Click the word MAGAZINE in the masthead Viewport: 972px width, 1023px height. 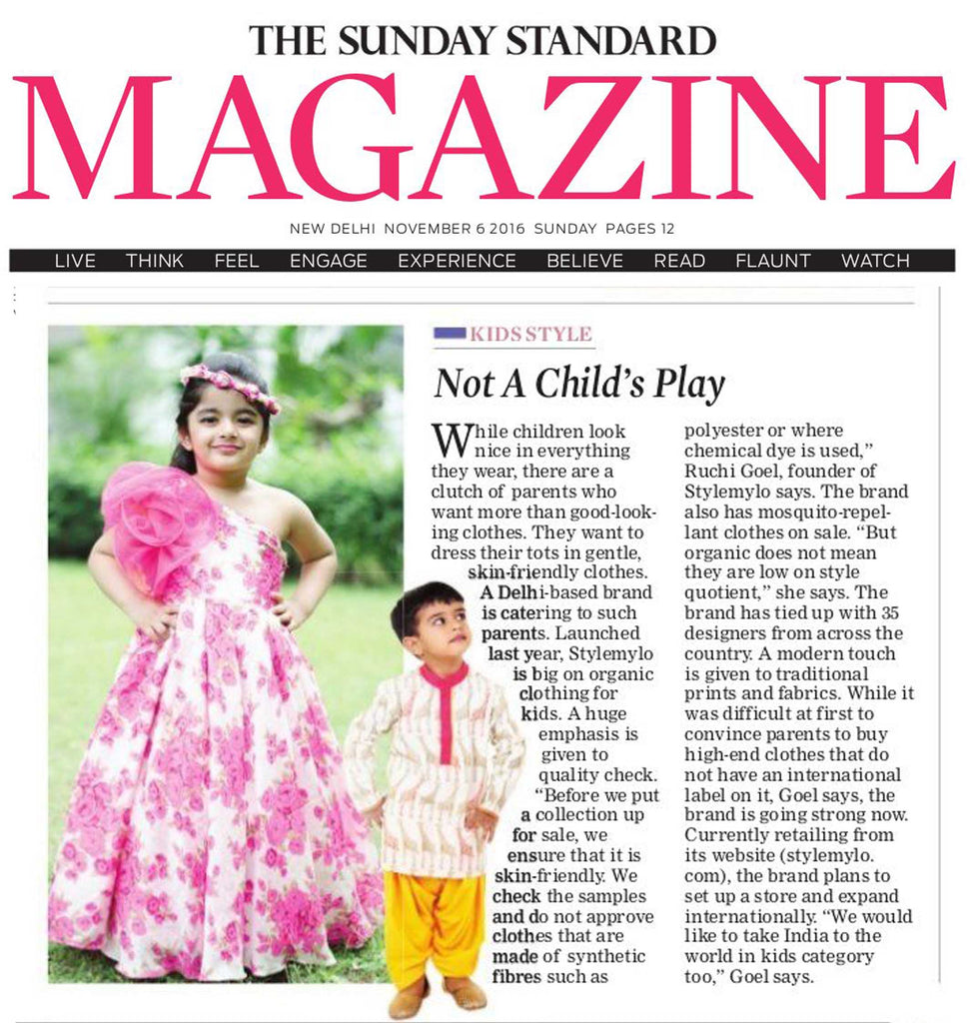pyautogui.click(x=485, y=138)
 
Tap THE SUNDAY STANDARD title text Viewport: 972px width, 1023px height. pyautogui.click(x=484, y=40)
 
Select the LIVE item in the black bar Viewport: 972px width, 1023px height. pyautogui.click(x=75, y=261)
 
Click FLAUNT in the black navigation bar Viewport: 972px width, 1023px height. pyautogui.click(x=772, y=261)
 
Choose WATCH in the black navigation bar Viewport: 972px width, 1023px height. pyautogui.click(x=875, y=261)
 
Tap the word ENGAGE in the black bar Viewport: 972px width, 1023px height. pyautogui.click(x=328, y=261)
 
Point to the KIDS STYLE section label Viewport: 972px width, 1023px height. pyautogui.click(x=529, y=335)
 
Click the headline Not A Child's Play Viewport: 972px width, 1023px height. pyautogui.click(x=578, y=384)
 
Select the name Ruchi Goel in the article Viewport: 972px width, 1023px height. pyautogui.click(x=726, y=472)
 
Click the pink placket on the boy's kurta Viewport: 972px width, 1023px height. pyautogui.click(x=445, y=714)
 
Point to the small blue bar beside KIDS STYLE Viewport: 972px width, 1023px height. pyautogui.click(x=449, y=333)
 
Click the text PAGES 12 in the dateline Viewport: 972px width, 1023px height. pyautogui.click(x=638, y=229)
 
